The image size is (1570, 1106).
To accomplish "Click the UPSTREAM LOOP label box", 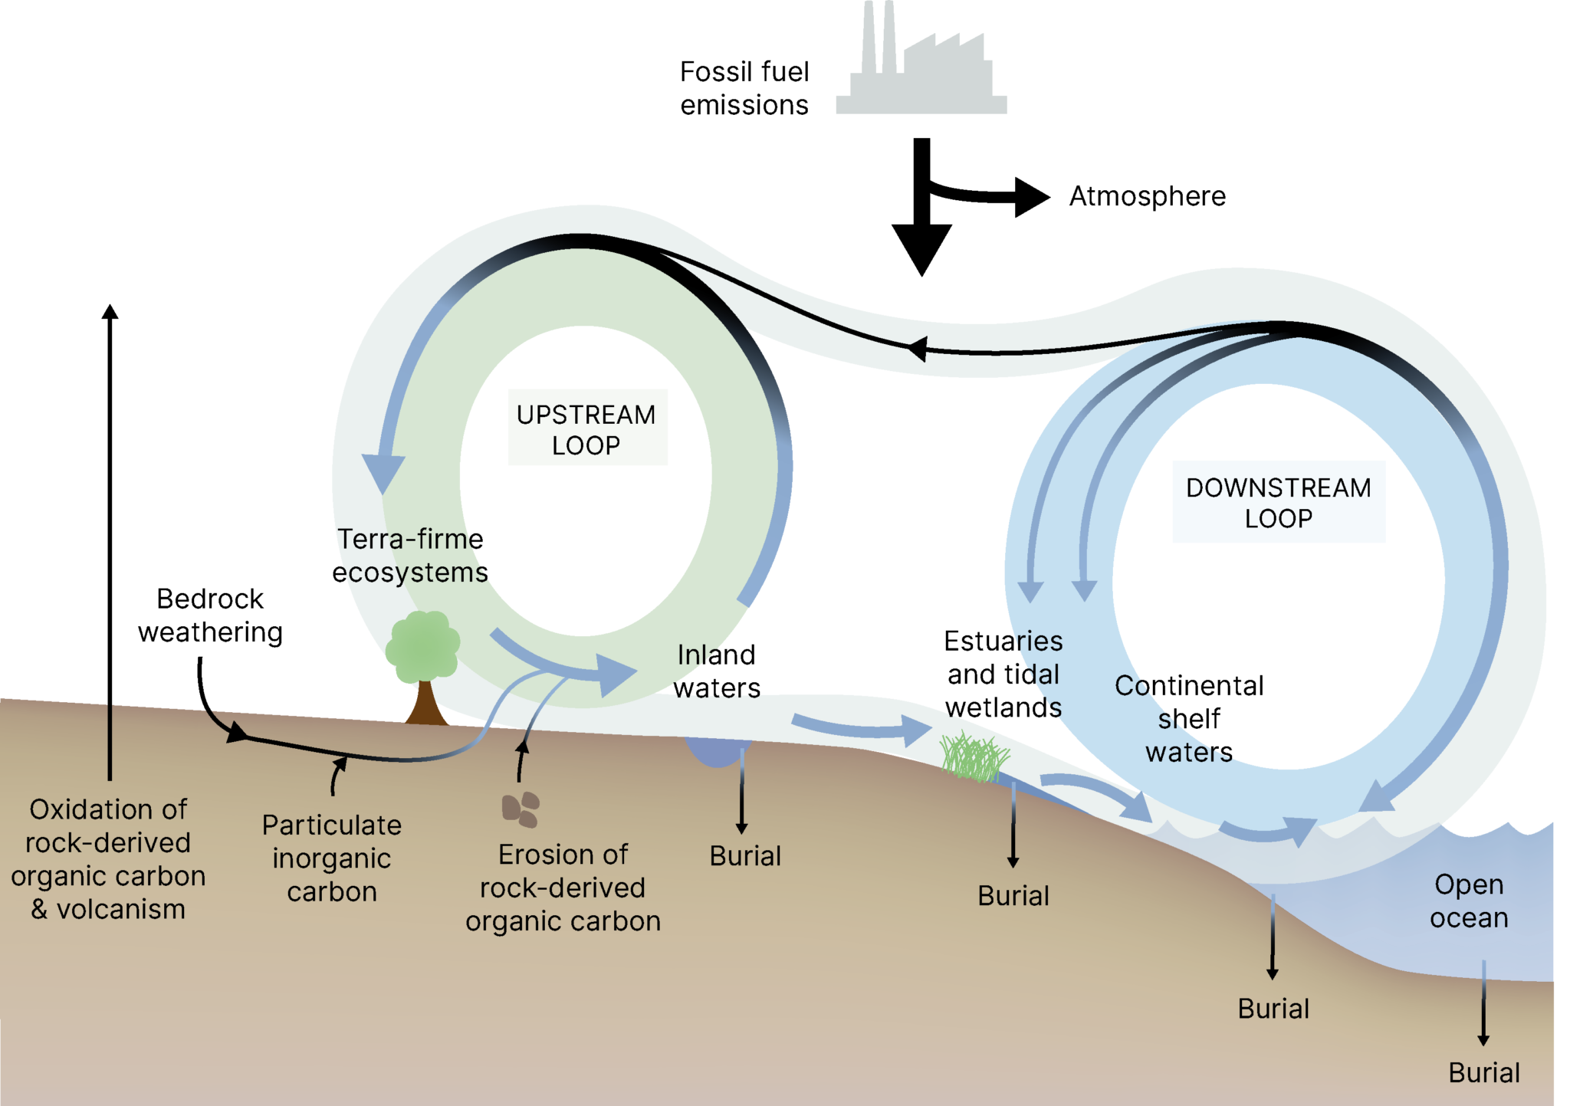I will point(587,428).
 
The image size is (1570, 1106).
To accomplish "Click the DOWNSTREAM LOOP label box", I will point(1278,502).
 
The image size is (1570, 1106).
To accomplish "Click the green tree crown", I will point(422,646).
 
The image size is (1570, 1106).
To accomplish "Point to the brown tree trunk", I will point(425,705).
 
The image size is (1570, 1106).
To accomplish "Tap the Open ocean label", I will point(1468,901).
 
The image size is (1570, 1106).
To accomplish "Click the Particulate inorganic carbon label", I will point(331,858).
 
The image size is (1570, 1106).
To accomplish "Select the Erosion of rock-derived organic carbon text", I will point(563,888).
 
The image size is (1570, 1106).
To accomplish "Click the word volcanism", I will point(121,910).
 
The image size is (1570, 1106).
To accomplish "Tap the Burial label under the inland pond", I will point(744,856).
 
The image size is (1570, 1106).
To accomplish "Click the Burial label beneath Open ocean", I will point(1483,1073).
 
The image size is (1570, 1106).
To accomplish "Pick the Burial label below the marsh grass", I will point(1013,896).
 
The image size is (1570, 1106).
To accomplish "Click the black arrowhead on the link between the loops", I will point(917,349).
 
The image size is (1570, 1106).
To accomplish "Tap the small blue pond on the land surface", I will point(713,751).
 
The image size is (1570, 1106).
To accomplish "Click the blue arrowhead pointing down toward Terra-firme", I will point(383,473).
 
